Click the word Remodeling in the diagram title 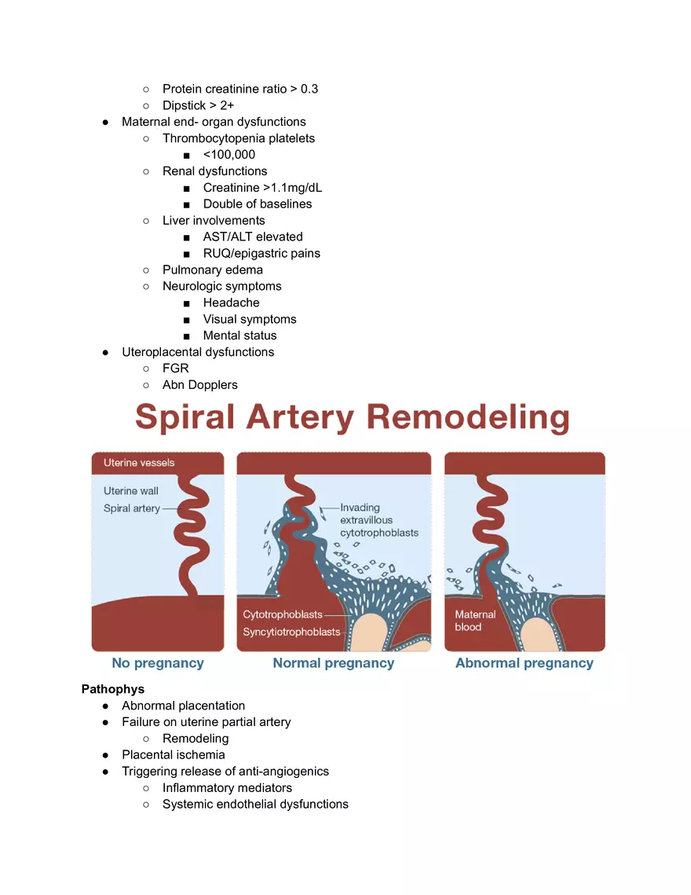[x=468, y=418]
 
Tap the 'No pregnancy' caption [x=158, y=663]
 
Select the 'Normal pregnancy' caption [x=334, y=663]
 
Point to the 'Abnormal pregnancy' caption [x=525, y=663]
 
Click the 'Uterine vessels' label [x=139, y=463]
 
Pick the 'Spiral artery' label [x=132, y=508]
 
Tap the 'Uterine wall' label [x=131, y=491]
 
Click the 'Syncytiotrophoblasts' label [x=292, y=632]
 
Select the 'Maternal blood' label [x=476, y=621]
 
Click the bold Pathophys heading [x=113, y=689]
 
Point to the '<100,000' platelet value [x=229, y=155]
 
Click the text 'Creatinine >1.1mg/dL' [x=263, y=188]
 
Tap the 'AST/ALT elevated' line [x=253, y=237]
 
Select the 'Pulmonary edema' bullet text [x=213, y=270]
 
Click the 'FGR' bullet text [x=176, y=368]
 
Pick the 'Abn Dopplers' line [x=200, y=384]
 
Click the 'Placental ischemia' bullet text [x=174, y=754]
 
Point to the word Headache [x=232, y=303]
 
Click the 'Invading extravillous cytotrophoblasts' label [x=379, y=520]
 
